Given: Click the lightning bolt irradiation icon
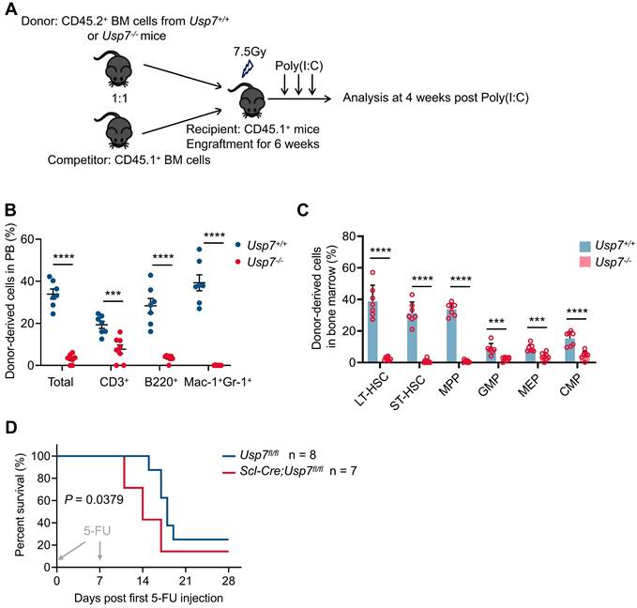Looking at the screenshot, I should pos(246,68).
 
